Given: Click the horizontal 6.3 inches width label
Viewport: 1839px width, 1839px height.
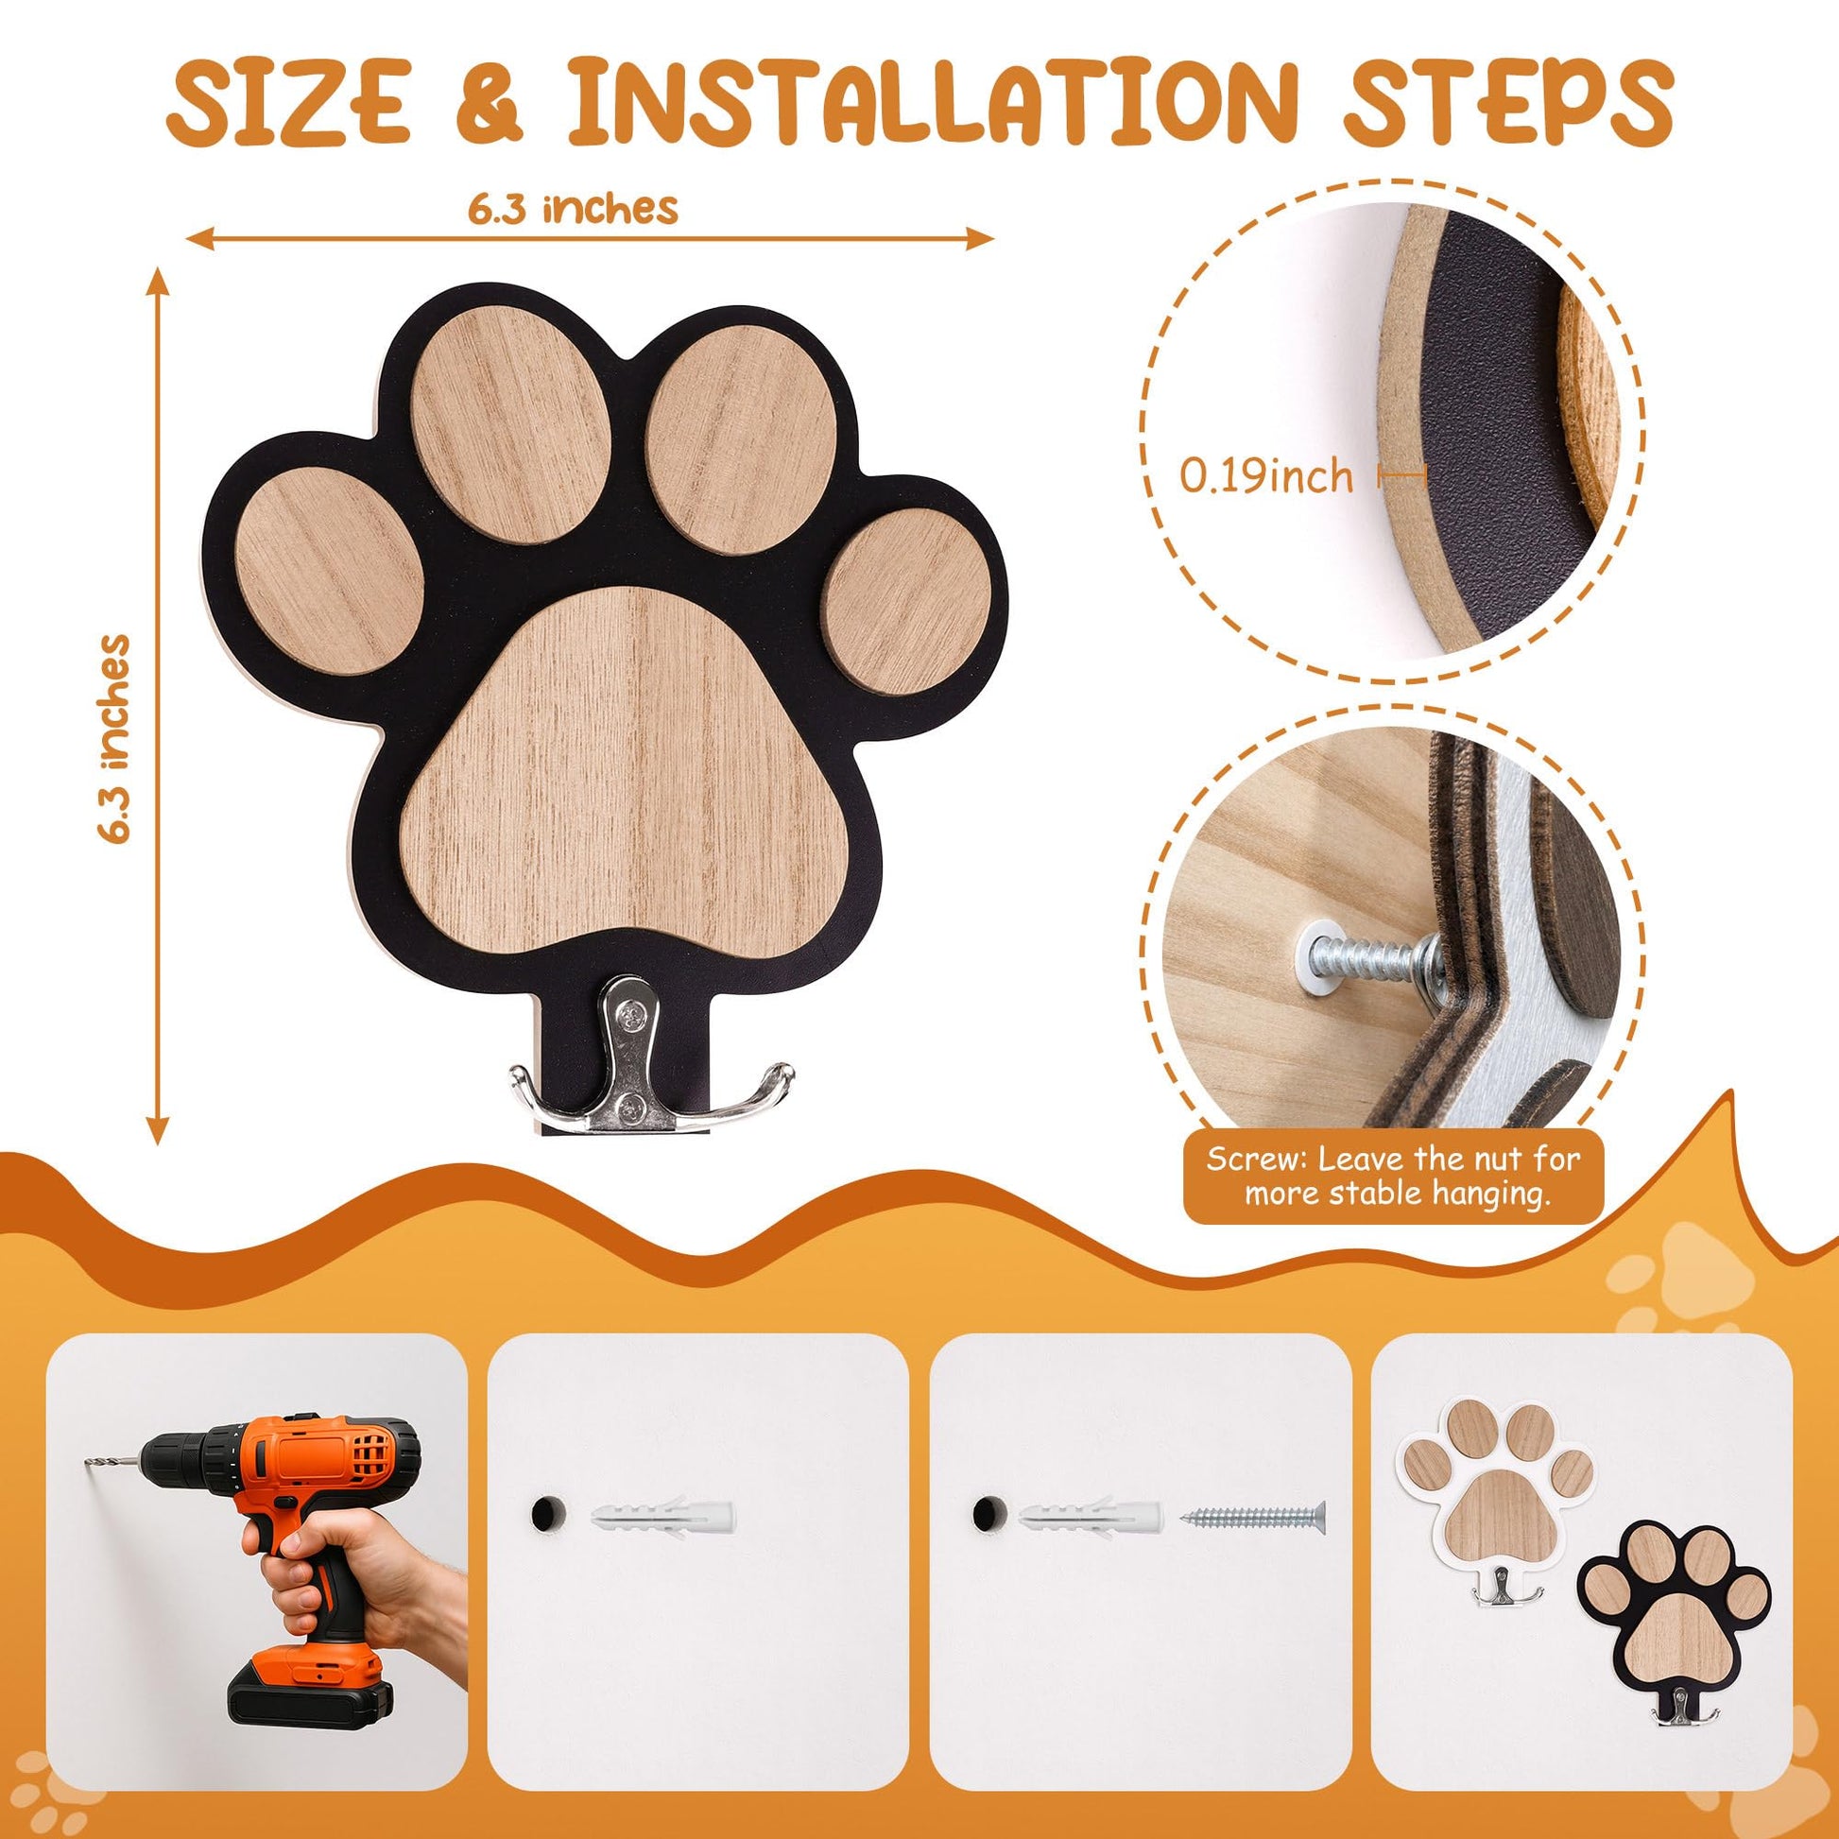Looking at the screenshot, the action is coord(572,208).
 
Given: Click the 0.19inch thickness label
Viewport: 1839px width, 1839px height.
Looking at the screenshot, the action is coord(1267,475).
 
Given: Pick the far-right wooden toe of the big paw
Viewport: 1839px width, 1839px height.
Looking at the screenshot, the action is coord(907,602).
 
